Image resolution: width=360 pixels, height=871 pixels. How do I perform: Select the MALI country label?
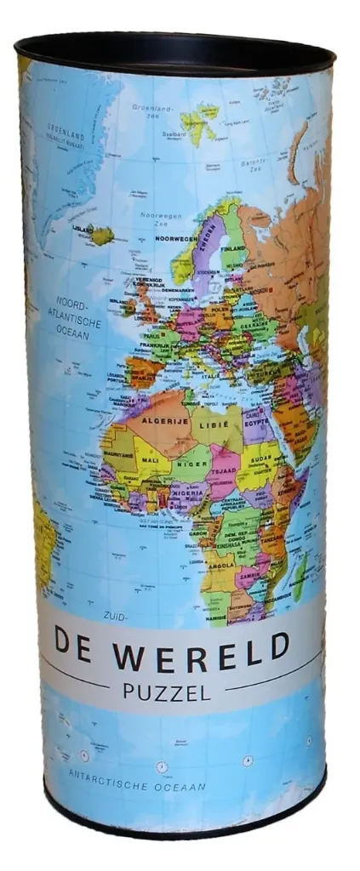click(x=151, y=460)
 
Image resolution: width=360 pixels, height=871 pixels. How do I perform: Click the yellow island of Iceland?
click(x=103, y=234)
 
